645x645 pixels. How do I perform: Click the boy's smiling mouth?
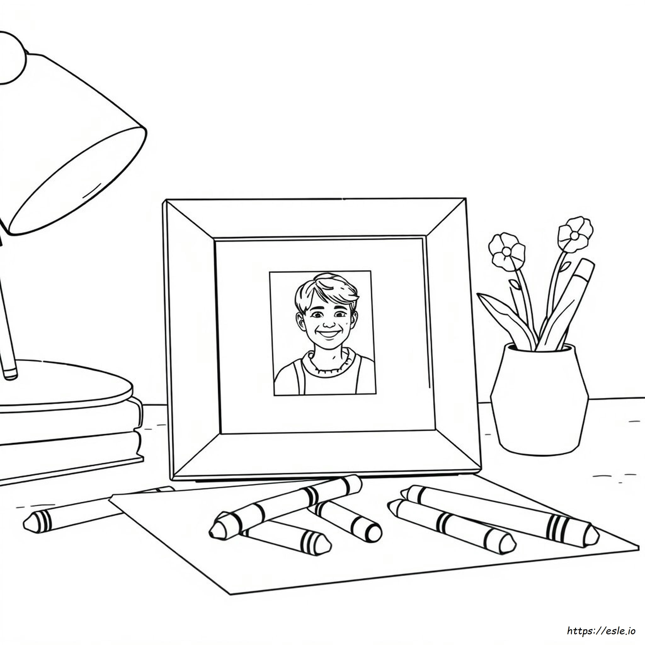pos(328,334)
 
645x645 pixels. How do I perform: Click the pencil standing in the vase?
pos(564,307)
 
